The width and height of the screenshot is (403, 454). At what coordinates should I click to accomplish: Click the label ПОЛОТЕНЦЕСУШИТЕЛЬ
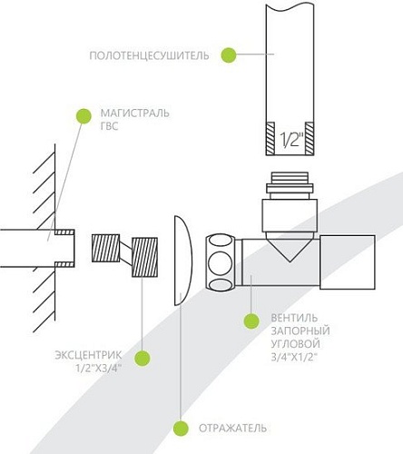[x=149, y=55]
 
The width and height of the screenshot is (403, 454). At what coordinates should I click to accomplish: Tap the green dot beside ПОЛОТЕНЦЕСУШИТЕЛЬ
[x=229, y=55]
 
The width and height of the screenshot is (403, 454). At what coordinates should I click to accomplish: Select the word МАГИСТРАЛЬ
[x=135, y=113]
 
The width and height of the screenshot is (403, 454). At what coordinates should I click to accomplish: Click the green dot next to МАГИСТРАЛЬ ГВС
[x=84, y=116]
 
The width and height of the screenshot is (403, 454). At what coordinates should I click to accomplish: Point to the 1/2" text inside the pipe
[x=290, y=140]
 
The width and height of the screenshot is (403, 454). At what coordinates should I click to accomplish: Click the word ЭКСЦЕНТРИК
[x=88, y=355]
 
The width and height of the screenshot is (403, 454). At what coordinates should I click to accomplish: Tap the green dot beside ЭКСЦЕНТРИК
[x=143, y=358]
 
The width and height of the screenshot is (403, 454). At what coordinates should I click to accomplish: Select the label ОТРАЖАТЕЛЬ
[x=232, y=429]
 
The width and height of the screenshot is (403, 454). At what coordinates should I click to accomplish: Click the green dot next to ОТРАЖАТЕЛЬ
[x=181, y=429]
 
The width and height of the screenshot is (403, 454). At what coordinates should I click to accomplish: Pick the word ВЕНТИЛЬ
[x=294, y=318]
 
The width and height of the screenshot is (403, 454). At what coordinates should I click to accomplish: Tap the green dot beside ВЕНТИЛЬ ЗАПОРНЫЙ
[x=251, y=321]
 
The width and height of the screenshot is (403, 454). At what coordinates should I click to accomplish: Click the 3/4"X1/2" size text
[x=293, y=357]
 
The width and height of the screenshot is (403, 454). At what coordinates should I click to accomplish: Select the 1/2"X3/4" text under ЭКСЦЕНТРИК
[x=99, y=368]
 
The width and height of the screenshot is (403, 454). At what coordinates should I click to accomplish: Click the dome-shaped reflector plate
[x=183, y=261]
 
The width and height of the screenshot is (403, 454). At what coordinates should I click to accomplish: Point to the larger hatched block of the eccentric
[x=144, y=257]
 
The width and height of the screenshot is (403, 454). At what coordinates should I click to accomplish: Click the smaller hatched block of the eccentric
[x=105, y=248]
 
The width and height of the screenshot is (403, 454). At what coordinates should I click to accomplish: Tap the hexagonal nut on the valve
[x=221, y=262]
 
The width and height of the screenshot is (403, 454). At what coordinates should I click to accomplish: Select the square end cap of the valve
[x=348, y=262]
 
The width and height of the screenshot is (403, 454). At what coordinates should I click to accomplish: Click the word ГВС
[x=109, y=126]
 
